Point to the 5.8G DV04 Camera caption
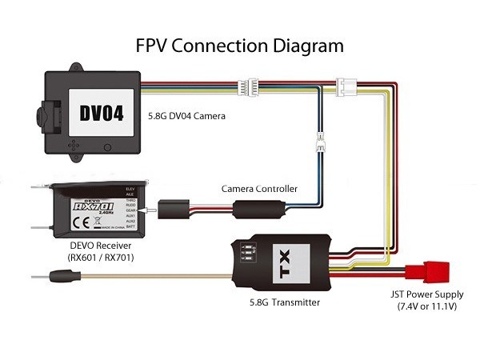coord(186,117)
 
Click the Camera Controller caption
coord(259,189)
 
